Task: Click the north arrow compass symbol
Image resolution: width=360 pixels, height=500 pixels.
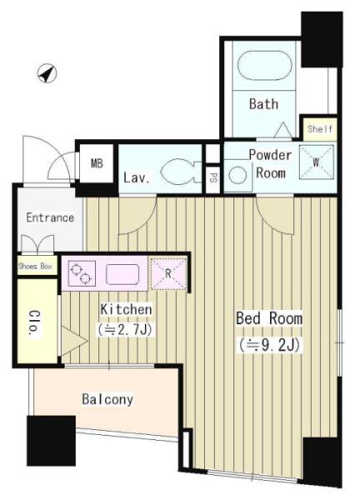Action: click(x=47, y=73)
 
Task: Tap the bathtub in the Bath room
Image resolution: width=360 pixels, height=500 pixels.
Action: click(x=265, y=66)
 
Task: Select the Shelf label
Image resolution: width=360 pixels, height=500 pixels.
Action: click(x=320, y=129)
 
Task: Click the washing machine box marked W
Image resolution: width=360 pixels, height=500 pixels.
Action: click(x=317, y=162)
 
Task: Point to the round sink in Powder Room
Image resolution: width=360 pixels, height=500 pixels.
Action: click(x=237, y=175)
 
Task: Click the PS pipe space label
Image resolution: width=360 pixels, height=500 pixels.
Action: click(x=212, y=178)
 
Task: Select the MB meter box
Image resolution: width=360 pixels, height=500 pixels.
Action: click(x=97, y=163)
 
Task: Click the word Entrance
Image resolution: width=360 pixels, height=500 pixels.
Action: click(x=50, y=217)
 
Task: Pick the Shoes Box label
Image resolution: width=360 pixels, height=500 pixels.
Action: click(x=35, y=266)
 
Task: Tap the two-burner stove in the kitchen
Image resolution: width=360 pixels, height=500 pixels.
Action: click(x=82, y=273)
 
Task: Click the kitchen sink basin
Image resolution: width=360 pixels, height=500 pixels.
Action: click(x=122, y=274)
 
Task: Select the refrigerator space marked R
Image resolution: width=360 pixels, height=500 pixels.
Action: click(x=168, y=274)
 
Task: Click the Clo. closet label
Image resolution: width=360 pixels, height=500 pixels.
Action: click(x=34, y=322)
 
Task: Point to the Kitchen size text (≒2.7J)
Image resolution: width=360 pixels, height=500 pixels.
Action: click(x=126, y=330)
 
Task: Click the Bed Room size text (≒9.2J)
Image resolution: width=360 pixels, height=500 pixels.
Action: click(x=269, y=345)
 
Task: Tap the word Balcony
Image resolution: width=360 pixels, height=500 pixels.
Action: click(x=107, y=399)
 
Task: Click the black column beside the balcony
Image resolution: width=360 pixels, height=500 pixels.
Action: click(x=52, y=441)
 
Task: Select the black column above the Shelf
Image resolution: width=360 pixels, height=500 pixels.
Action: click(x=322, y=39)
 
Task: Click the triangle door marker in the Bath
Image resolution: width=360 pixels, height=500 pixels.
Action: click(x=282, y=130)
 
